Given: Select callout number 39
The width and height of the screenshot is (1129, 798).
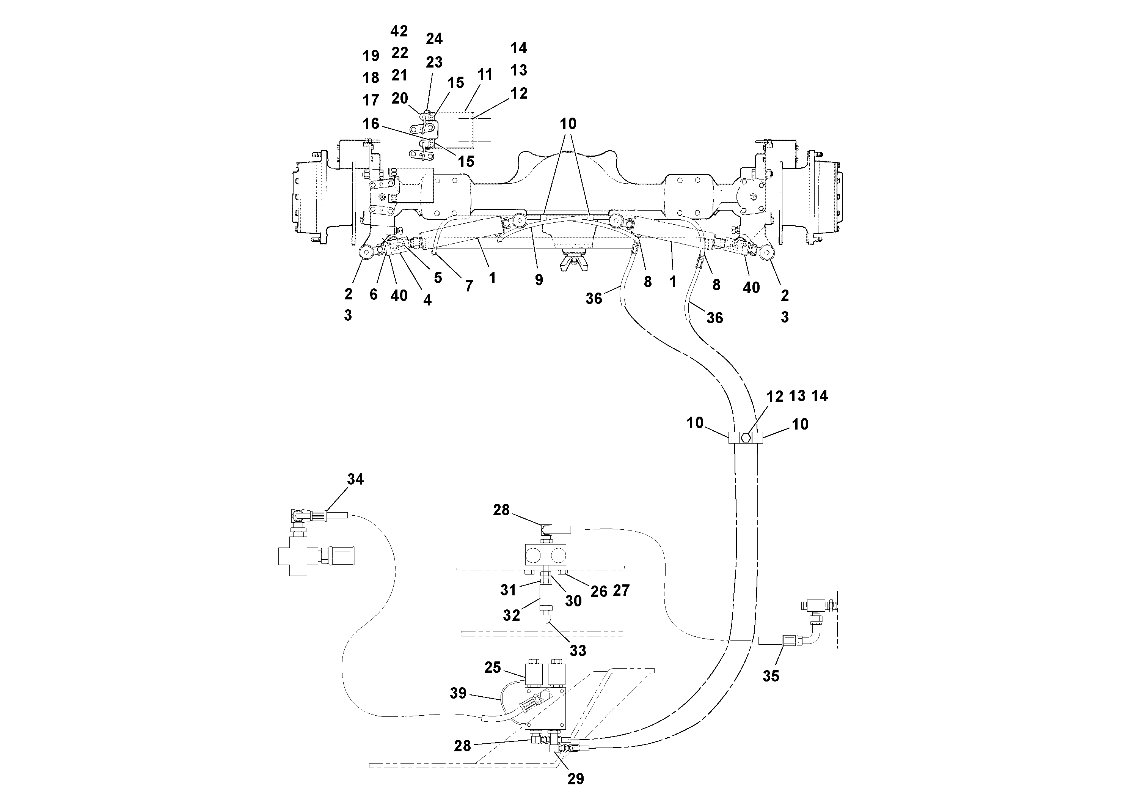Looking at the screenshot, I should coord(458,693).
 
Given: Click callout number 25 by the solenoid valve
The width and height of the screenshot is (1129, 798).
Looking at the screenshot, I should coord(492,667).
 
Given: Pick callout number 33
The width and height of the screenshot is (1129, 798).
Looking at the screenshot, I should coord(578,650).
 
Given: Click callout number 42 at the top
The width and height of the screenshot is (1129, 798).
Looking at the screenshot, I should coord(399,31).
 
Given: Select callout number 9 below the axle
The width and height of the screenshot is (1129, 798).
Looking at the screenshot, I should coord(539,280).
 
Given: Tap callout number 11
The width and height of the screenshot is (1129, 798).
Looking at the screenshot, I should coord(485,75).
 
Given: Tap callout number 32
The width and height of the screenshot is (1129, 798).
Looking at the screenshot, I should coord(511,615).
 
